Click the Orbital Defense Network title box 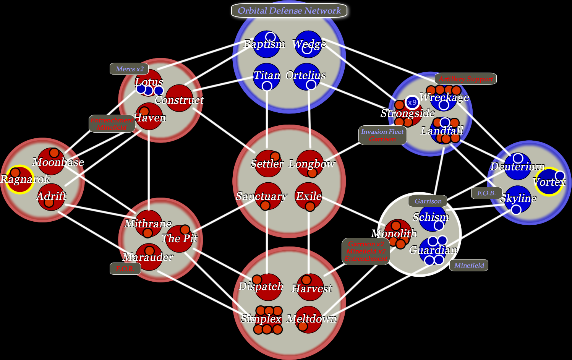(x=289, y=11)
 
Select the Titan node (x=267, y=76)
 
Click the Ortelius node (x=308, y=76)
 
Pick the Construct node (x=179, y=98)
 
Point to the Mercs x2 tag (x=130, y=69)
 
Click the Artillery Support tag (x=465, y=79)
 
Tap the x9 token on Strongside (x=412, y=102)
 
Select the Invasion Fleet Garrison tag (x=382, y=135)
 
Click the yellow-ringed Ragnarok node (x=19, y=180)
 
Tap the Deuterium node (x=517, y=167)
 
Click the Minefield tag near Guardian (x=469, y=265)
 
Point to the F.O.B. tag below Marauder (x=125, y=269)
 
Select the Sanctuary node (x=268, y=196)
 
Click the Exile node (x=309, y=196)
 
